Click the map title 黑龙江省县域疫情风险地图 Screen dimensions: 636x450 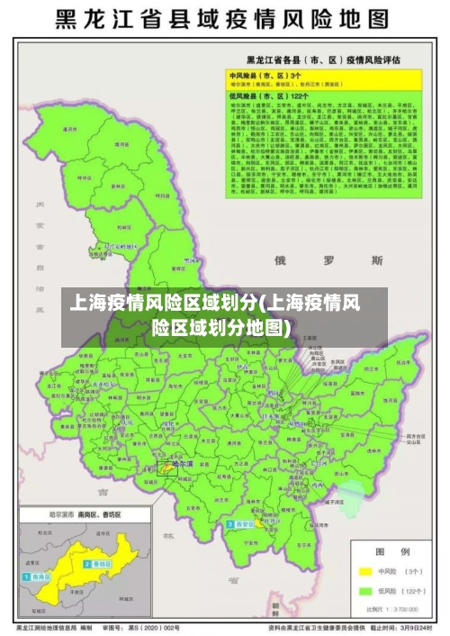[x=224, y=19]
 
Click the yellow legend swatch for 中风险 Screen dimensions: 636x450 [x=365, y=570]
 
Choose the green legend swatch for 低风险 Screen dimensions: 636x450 [x=365, y=591]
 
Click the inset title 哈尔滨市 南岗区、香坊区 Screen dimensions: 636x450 [x=72, y=513]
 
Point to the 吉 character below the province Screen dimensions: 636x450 [x=103, y=492]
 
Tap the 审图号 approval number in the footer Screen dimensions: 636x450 [x=144, y=626]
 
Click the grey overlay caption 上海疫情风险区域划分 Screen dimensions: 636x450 [x=224, y=315]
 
